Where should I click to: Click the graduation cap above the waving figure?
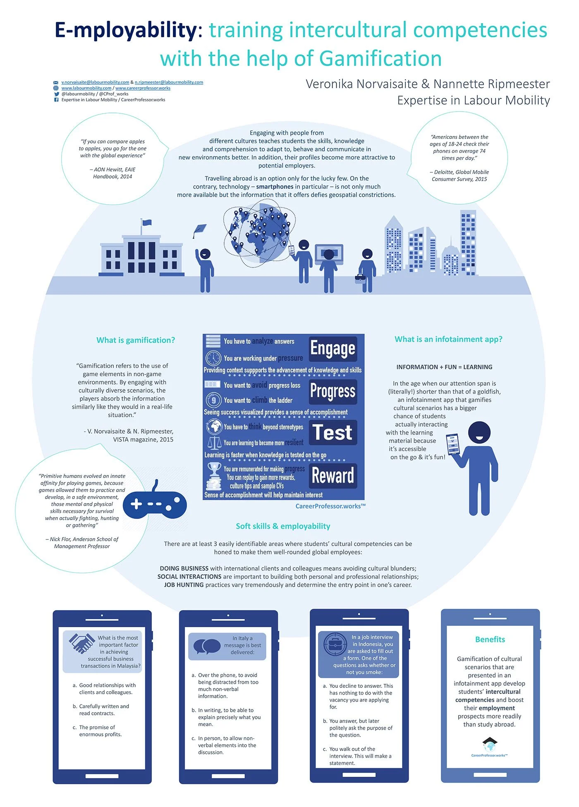pos(200,230)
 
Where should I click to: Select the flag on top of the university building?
pos(146,223)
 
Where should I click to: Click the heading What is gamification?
pos(136,340)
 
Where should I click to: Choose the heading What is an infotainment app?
pos(448,339)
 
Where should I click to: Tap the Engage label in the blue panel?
pos(333,349)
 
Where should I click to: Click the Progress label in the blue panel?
pos(333,391)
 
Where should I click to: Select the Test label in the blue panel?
pos(333,432)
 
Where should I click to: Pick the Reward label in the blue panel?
pos(333,475)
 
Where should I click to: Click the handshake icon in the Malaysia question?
pos(81,643)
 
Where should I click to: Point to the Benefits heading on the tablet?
pos(490,640)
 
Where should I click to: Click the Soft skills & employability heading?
pos(283,526)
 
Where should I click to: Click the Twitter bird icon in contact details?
pos(56,94)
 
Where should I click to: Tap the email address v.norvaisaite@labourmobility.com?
pos(95,82)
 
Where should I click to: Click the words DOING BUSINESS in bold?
pos(184,568)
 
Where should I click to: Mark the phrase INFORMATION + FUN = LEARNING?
pos(444,367)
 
